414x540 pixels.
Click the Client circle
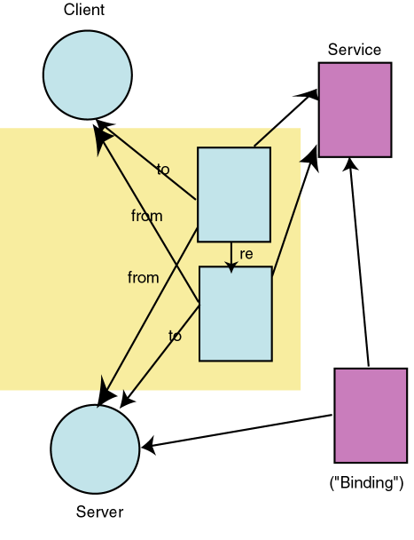click(87, 75)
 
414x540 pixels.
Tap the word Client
click(84, 11)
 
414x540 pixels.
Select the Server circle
click(95, 449)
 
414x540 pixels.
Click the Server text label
click(99, 512)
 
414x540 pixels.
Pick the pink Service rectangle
click(355, 109)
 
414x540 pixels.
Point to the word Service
click(355, 50)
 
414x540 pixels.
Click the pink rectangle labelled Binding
click(370, 415)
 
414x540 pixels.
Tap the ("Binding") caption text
click(366, 483)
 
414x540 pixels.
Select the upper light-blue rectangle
click(233, 194)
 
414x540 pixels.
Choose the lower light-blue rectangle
click(235, 314)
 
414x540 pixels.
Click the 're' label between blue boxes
click(246, 254)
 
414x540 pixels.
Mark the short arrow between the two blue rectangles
click(231, 255)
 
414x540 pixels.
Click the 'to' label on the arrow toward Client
click(163, 170)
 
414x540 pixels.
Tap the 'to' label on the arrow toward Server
click(175, 336)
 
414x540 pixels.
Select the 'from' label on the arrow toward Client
click(146, 216)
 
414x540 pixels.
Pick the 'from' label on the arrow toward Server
click(143, 278)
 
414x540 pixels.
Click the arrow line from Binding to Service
click(360, 266)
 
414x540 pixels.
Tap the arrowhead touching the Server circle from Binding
click(148, 448)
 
